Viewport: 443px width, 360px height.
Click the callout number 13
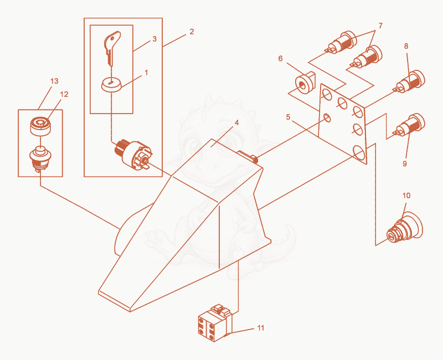(x=54, y=81)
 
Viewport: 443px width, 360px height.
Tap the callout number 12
(x=64, y=94)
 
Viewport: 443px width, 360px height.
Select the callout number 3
(x=154, y=39)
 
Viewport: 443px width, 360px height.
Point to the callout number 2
(x=192, y=32)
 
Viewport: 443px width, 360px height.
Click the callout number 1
(x=146, y=73)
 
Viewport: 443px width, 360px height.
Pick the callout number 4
(x=237, y=122)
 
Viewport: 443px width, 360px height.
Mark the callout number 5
(x=288, y=117)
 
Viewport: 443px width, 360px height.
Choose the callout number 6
(x=280, y=59)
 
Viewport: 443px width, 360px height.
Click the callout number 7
(x=380, y=25)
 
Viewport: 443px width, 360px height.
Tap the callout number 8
(x=406, y=46)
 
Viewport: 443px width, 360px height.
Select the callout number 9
(x=405, y=163)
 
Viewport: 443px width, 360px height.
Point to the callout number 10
(x=406, y=196)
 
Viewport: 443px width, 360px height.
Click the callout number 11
(x=261, y=328)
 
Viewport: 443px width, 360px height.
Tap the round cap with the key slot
(x=111, y=84)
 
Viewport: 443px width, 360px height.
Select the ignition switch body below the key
(x=133, y=154)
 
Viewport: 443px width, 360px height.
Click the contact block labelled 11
(x=215, y=323)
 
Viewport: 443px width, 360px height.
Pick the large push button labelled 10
(x=405, y=228)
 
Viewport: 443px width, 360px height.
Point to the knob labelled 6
(x=305, y=82)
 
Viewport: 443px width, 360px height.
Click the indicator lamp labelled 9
(x=410, y=125)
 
